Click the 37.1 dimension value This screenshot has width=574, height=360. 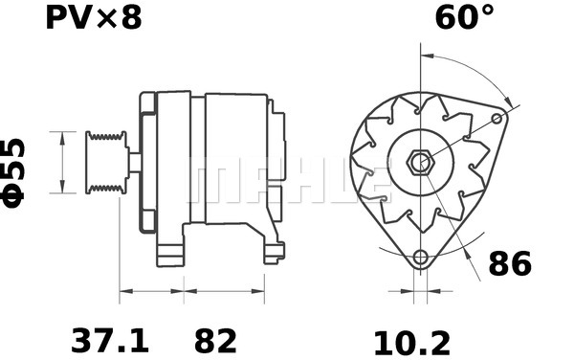point(109,340)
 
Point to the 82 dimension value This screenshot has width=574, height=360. point(215,340)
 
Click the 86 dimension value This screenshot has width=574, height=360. point(509,263)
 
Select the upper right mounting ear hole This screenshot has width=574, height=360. point(497,118)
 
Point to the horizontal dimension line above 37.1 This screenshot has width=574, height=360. point(150,290)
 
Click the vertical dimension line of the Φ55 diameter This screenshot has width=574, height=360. point(62,163)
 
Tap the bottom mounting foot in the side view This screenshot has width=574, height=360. point(172,253)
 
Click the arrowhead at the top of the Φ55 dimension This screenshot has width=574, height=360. point(62,135)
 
